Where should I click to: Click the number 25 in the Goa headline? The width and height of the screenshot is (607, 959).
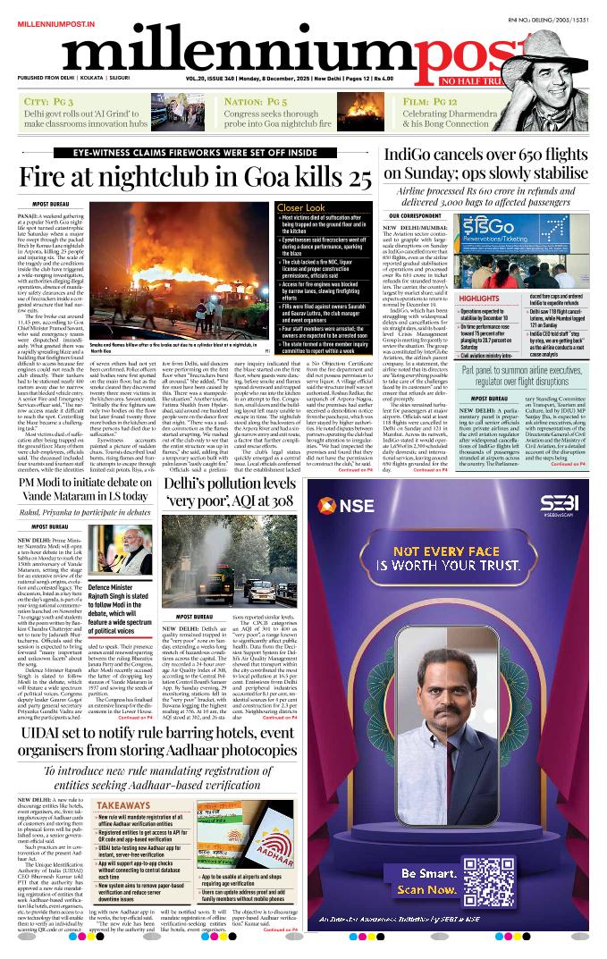click(353, 177)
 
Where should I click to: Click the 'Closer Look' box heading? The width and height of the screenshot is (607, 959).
click(301, 207)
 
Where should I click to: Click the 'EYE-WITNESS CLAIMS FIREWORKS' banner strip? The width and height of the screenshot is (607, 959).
click(196, 153)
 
